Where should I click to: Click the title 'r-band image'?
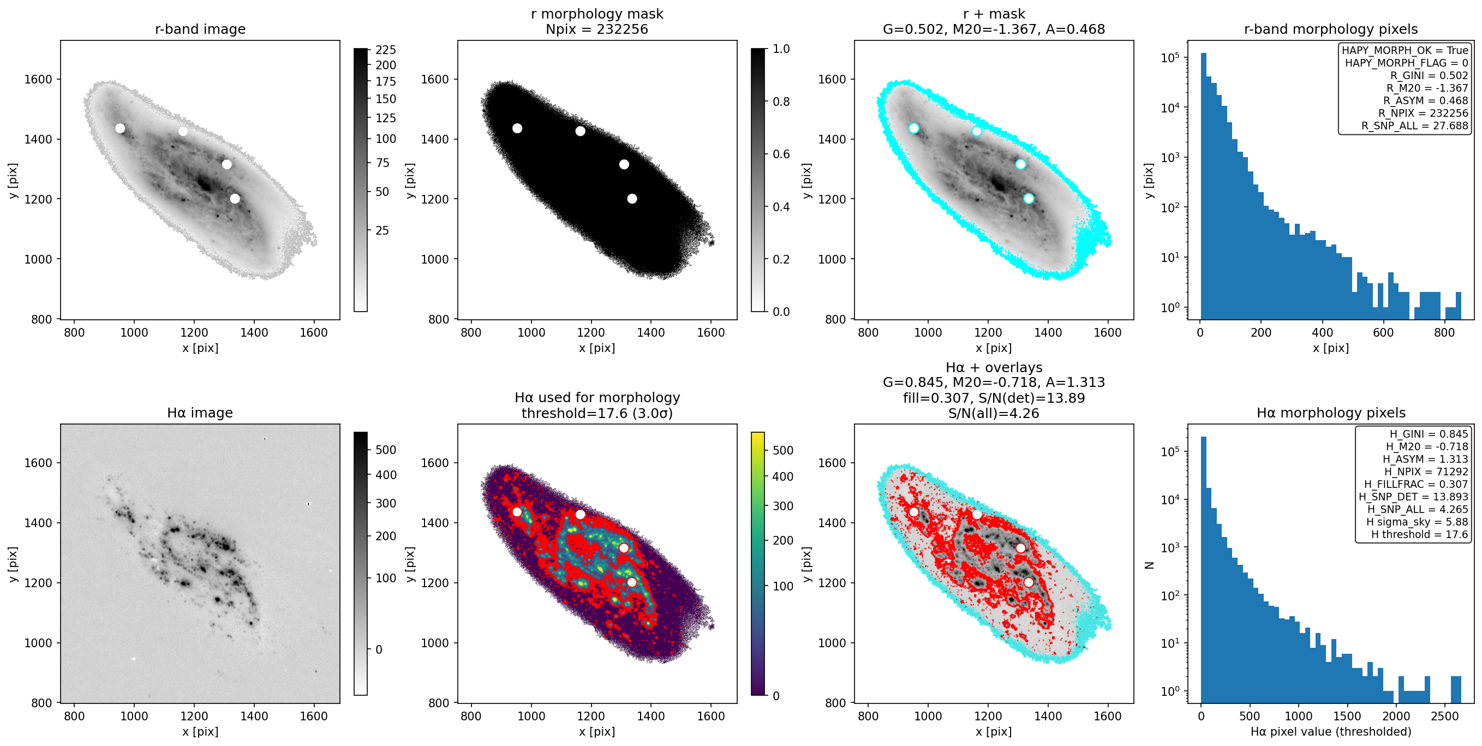tap(200, 29)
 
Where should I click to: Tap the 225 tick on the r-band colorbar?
tap(385, 50)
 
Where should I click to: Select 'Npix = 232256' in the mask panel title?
tap(596, 29)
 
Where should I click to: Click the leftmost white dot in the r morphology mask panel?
tap(517, 128)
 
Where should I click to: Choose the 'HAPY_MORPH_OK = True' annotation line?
tap(1405, 50)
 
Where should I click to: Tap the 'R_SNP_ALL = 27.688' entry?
tap(1415, 126)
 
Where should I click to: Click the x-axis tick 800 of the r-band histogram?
tap(1444, 332)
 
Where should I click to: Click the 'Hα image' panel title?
tap(200, 413)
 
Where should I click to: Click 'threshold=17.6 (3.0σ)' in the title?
tap(596, 414)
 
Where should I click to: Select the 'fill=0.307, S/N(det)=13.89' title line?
tap(994, 398)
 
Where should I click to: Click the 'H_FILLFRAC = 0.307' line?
tap(1416, 484)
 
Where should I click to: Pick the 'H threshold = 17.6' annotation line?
tap(1419, 534)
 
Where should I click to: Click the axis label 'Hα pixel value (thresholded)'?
tap(1331, 732)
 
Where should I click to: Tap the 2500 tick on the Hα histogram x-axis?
tap(1444, 716)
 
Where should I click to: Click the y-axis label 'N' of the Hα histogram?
tap(1150, 565)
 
